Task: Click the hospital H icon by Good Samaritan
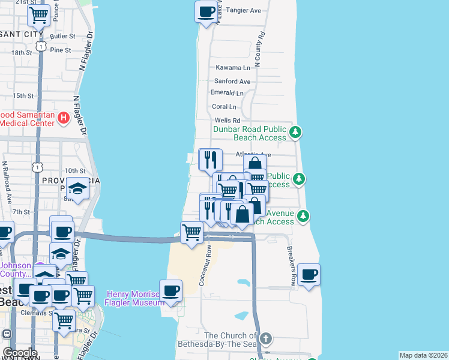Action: pyautogui.click(x=64, y=118)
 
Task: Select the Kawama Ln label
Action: pyautogui.click(x=233, y=68)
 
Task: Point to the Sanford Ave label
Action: pyautogui.click(x=232, y=81)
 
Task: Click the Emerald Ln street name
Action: pyautogui.click(x=227, y=93)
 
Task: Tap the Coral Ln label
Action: pyautogui.click(x=224, y=106)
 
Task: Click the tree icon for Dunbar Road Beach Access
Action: pyautogui.click(x=295, y=132)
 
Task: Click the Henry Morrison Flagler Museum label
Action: pyautogui.click(x=136, y=298)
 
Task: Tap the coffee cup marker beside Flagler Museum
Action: pyautogui.click(x=170, y=291)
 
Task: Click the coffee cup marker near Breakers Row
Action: pyautogui.click(x=309, y=275)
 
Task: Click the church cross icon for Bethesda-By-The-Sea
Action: pyautogui.click(x=265, y=339)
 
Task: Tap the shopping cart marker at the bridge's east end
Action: pyautogui.click(x=192, y=231)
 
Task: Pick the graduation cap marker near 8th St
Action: pyautogui.click(x=77, y=189)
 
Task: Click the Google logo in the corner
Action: pyautogui.click(x=20, y=352)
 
